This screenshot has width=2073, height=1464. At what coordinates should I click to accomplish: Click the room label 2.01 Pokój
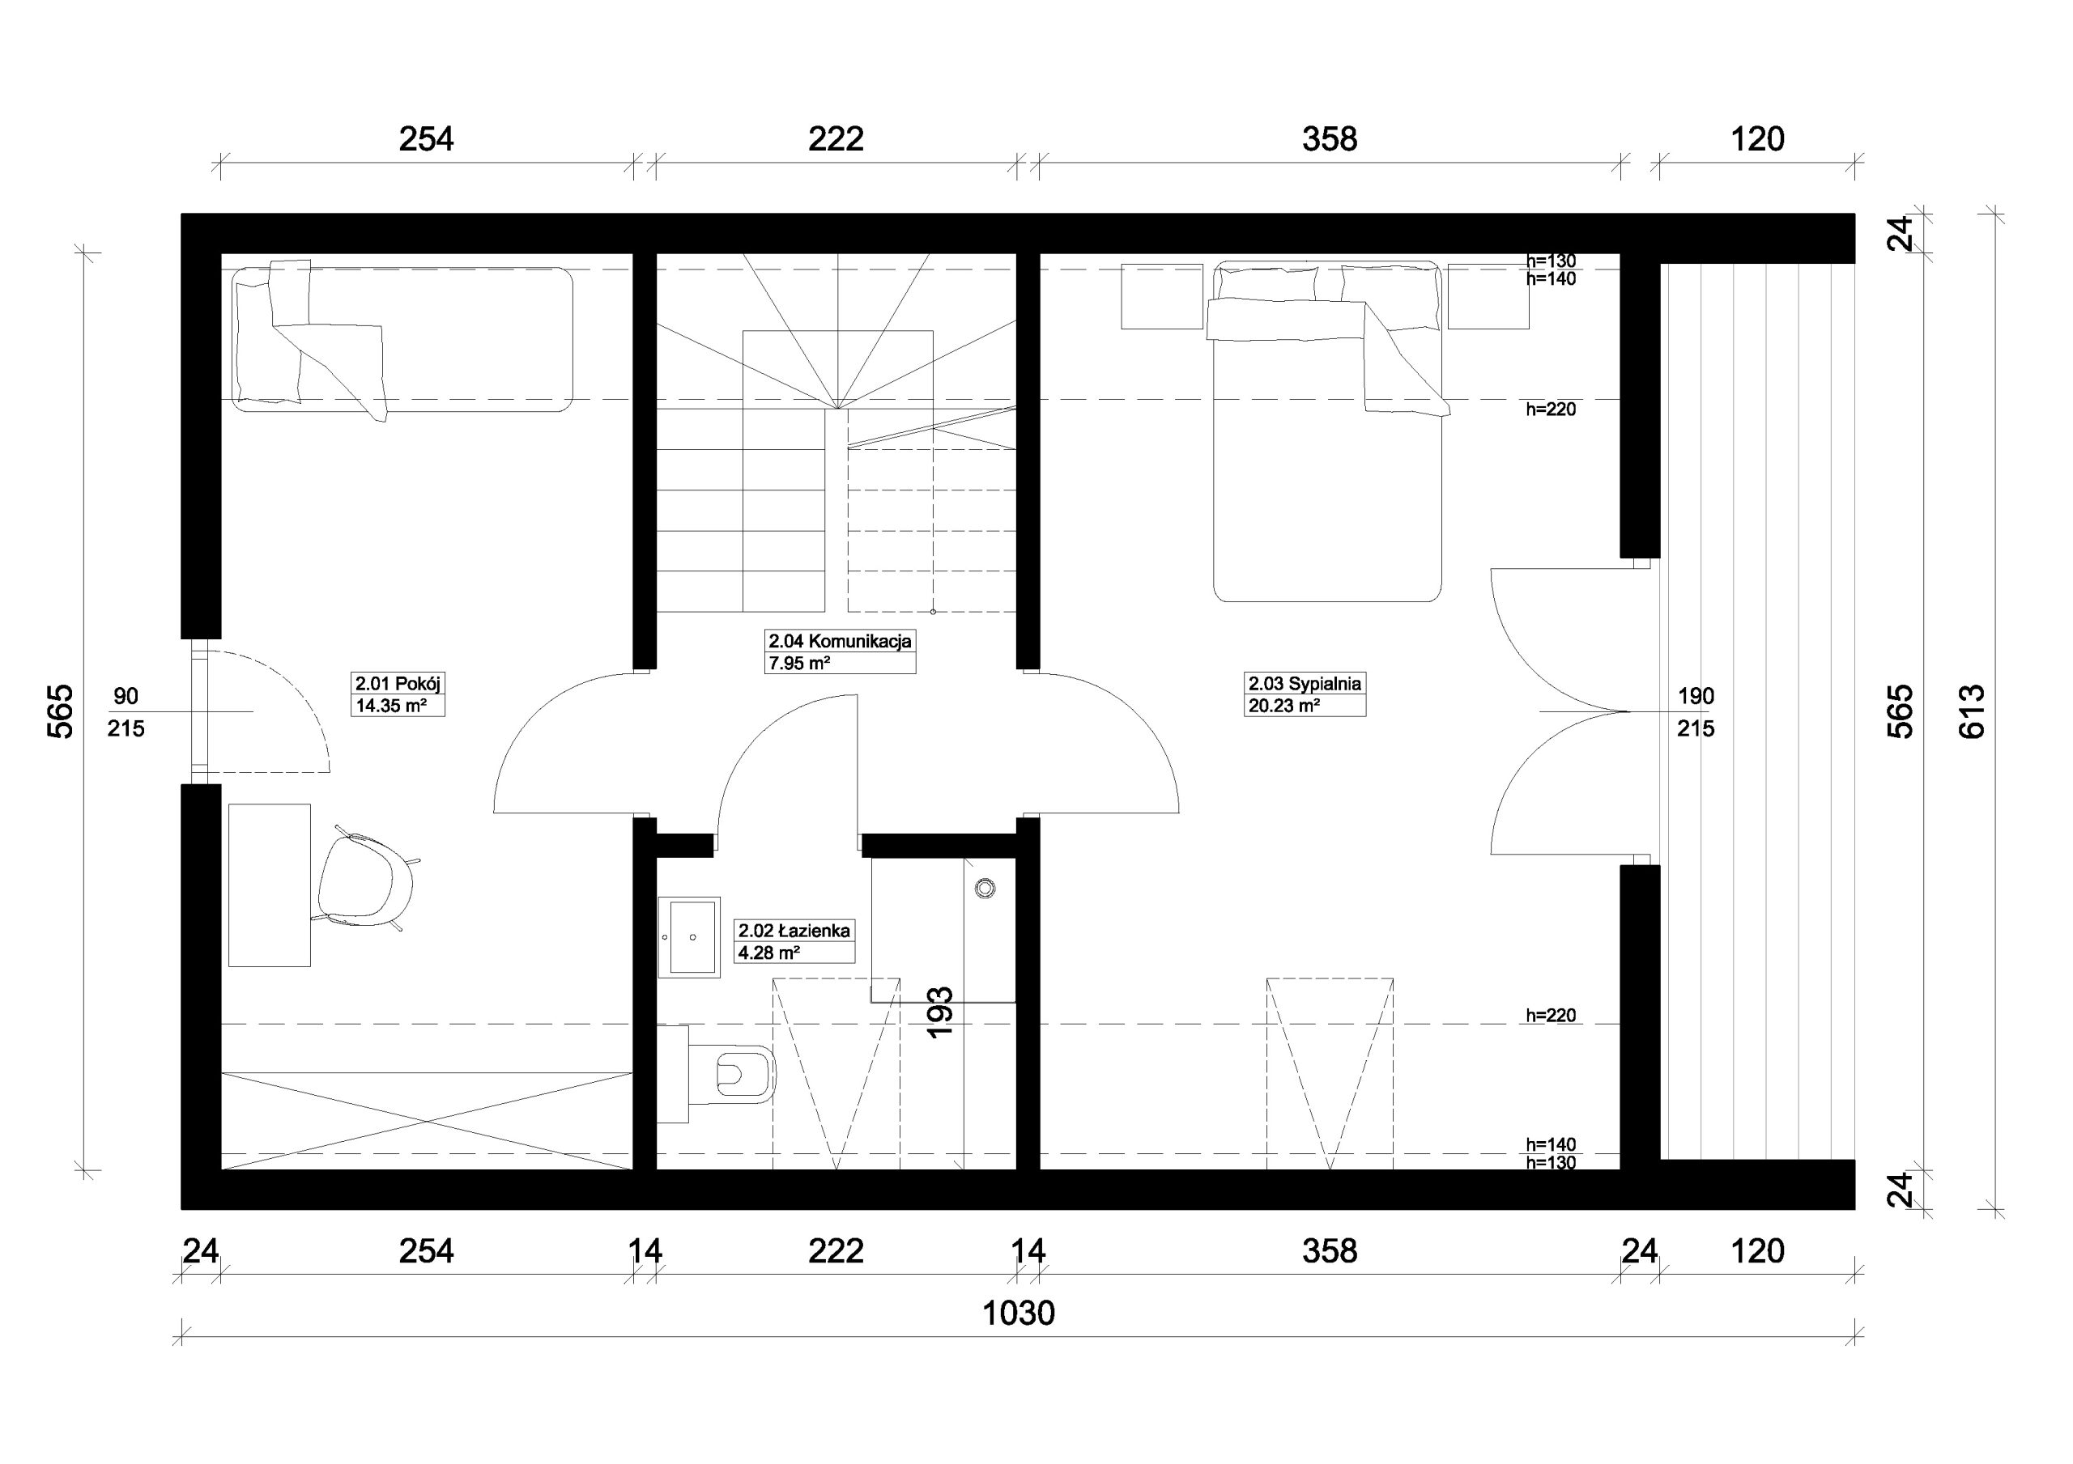(398, 683)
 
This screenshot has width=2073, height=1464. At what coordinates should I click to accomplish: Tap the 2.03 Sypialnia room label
(1305, 683)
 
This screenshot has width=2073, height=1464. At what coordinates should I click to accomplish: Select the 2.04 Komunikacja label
(840, 641)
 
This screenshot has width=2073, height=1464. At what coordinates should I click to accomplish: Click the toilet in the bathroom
(731, 1074)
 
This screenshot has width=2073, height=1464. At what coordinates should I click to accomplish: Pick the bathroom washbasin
(689, 937)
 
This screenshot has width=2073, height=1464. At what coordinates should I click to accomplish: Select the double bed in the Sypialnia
(1327, 431)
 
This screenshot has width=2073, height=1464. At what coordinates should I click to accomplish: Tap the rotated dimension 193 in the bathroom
(940, 1012)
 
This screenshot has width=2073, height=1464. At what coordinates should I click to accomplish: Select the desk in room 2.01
(269, 885)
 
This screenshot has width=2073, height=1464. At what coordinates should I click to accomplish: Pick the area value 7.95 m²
(799, 664)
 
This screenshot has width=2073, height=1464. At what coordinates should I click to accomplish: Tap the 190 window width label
(1696, 696)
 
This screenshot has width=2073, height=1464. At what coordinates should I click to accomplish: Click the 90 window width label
(126, 696)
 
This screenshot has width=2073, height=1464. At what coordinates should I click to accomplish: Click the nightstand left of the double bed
(1162, 296)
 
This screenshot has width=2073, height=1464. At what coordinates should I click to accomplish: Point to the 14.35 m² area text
(391, 706)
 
